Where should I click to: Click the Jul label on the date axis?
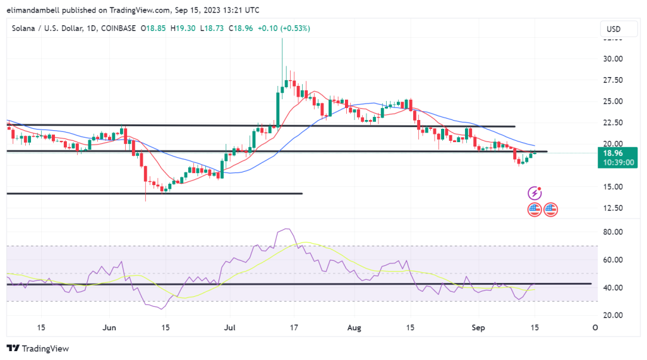coord(232,328)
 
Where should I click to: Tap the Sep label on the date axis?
coord(478,328)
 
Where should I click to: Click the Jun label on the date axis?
coord(109,328)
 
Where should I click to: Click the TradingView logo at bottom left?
coord(37,348)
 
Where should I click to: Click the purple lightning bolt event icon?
coord(535,192)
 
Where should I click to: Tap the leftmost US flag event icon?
coord(535,208)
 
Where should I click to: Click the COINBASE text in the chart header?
coord(119,28)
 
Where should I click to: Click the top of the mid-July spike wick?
coord(282,40)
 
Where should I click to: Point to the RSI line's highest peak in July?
coord(287,229)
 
